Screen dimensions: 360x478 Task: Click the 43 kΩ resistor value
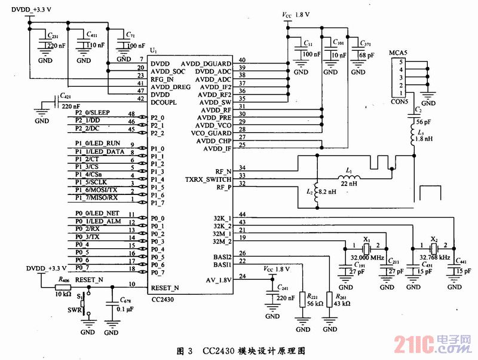click(x=342, y=304)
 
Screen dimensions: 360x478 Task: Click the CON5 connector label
click(x=399, y=101)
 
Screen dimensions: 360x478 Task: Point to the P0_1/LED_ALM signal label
click(x=94, y=222)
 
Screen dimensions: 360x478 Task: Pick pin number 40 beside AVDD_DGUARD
click(x=242, y=60)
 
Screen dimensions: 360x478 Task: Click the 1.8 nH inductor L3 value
click(x=425, y=139)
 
